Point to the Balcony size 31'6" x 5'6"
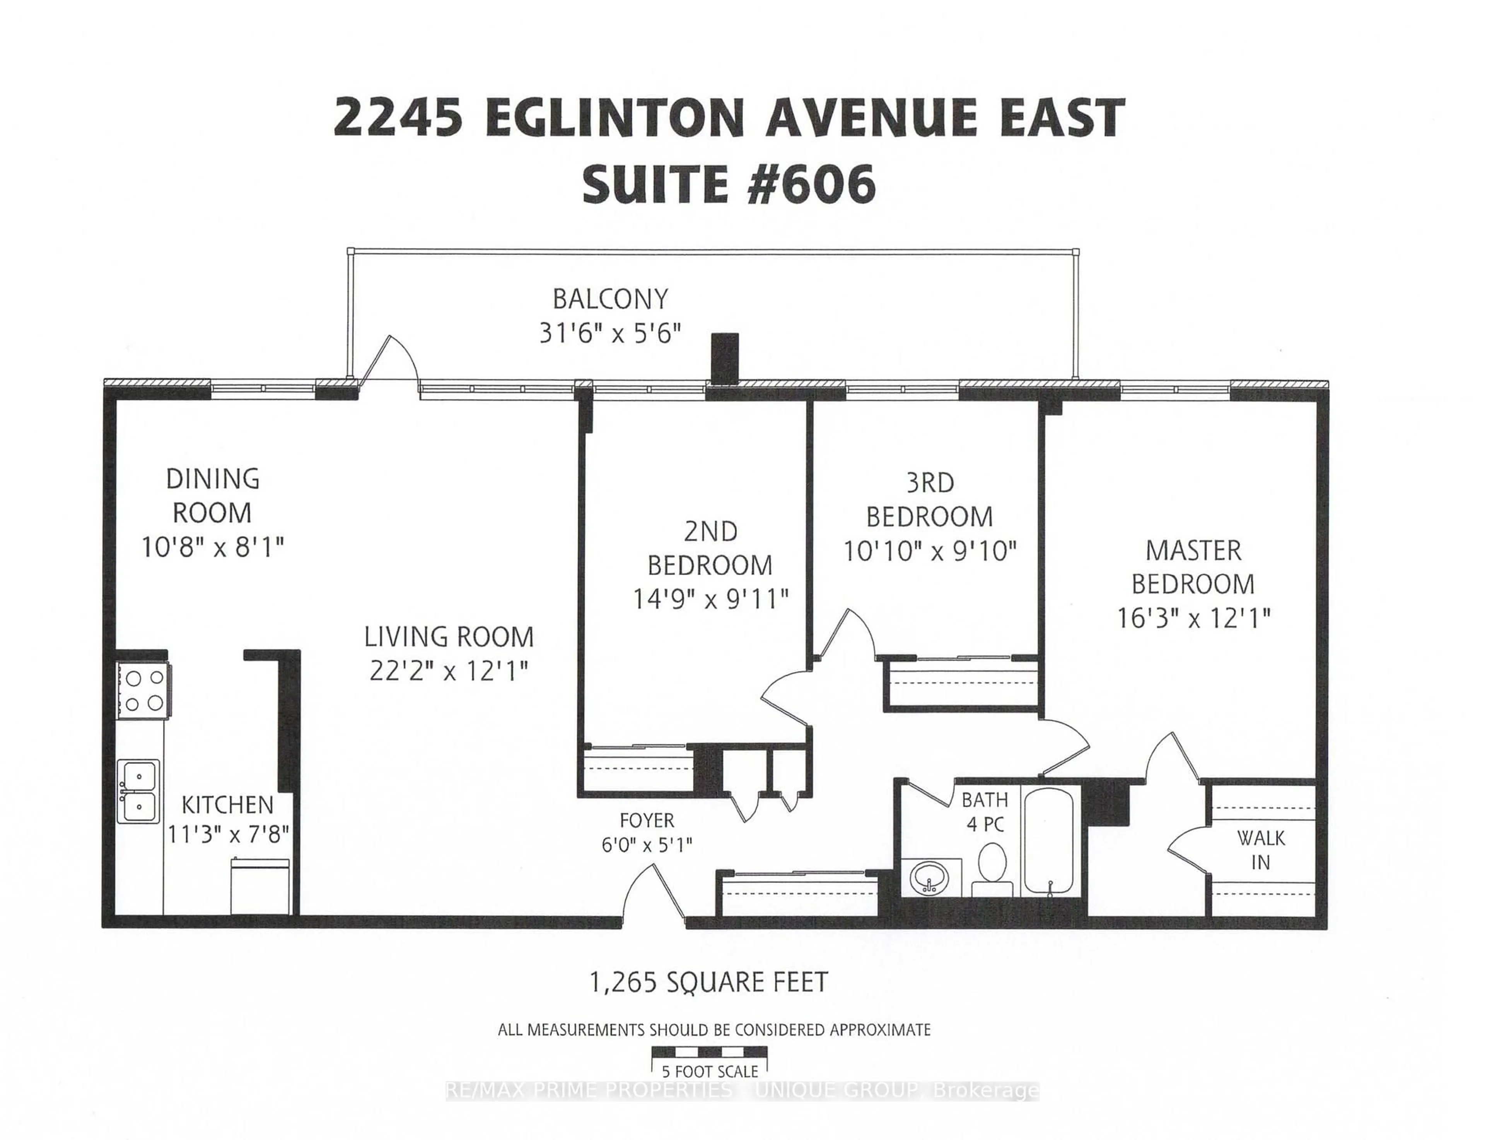click(609, 333)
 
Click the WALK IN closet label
click(1260, 850)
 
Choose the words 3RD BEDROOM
click(929, 500)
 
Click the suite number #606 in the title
click(811, 184)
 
